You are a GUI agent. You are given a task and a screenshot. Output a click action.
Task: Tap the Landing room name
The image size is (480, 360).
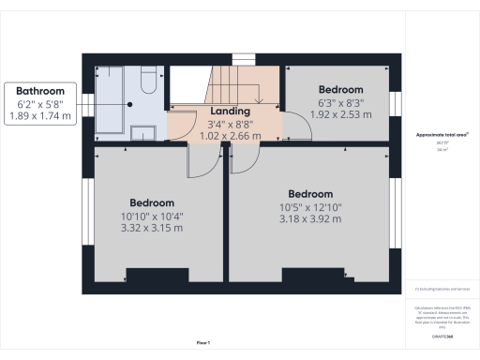click(x=229, y=112)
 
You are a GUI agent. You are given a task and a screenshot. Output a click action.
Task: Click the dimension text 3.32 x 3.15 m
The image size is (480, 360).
click(x=152, y=230)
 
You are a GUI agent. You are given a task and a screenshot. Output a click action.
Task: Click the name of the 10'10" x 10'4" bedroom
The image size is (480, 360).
click(x=152, y=202)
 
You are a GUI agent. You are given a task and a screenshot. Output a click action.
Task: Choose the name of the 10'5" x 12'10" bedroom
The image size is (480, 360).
click(x=310, y=195)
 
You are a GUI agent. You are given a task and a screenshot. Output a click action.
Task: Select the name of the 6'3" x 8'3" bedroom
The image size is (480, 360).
click(x=341, y=90)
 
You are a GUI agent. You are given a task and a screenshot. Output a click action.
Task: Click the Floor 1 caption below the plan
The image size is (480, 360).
click(x=203, y=341)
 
